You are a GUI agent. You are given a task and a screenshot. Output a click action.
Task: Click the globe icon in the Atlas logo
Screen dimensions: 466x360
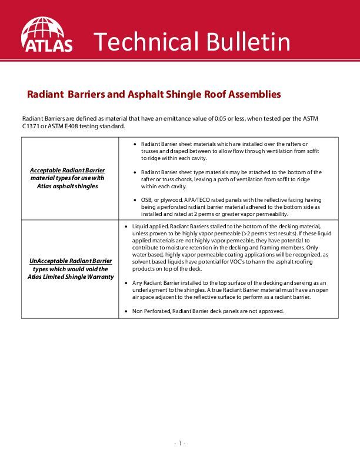[46, 28]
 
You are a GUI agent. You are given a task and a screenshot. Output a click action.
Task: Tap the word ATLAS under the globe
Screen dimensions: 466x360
[47, 45]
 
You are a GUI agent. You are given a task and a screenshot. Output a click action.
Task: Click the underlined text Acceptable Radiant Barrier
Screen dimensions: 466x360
[67, 170]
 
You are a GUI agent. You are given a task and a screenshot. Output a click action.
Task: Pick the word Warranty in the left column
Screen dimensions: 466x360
[99, 277]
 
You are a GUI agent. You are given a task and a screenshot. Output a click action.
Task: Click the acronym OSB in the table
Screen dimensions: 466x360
[146, 201]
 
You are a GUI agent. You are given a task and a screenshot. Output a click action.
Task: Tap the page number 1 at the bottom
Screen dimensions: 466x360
[179, 443]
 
